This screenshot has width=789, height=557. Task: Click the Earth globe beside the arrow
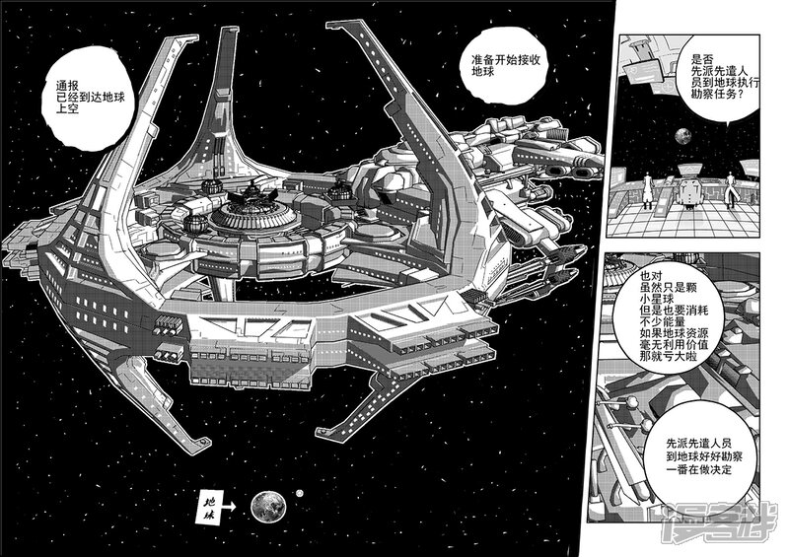pos(268,506)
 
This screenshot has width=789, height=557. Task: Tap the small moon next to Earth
pos(300,494)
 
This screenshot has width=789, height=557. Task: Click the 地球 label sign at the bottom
pos(208,508)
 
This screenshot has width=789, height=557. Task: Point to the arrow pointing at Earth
pos(229,508)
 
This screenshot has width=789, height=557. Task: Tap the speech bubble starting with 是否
pos(717,76)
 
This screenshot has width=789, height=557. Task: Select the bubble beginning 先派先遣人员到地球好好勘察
pos(703,457)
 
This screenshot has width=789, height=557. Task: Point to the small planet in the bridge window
pos(681,134)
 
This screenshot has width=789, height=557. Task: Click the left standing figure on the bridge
pos(648,190)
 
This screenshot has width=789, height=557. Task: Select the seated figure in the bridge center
pos(689,192)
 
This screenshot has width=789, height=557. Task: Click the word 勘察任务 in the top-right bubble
pos(710,94)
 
